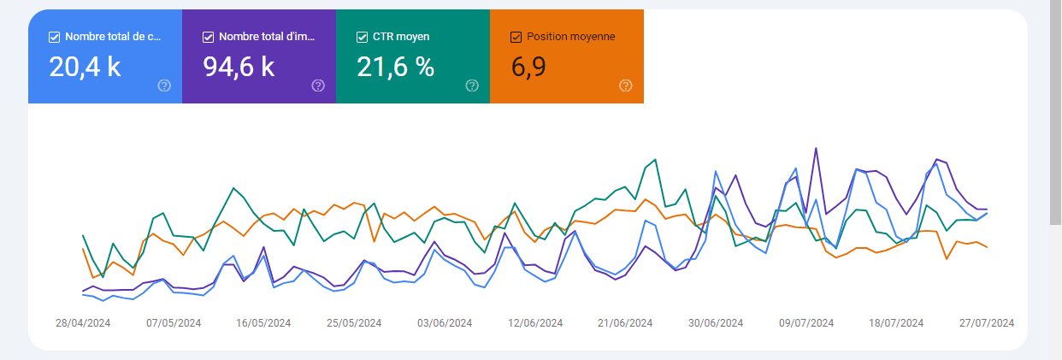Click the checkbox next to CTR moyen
coord(362,37)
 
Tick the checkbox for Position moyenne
coord(516,37)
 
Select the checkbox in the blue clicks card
coord(54,37)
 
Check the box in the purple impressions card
coord(208,37)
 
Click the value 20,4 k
coord(85,67)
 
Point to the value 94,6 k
coord(239,67)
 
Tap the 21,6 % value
coord(396,67)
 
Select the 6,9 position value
coord(528,67)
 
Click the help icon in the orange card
coord(626,86)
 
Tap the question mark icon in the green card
coord(472,86)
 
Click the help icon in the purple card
coord(318,86)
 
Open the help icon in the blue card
coord(164,86)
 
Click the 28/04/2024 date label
coord(83,323)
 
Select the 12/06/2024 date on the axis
coord(535,323)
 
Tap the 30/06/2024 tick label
coord(716,323)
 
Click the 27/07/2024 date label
coord(986,323)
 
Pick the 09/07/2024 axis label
coord(805,323)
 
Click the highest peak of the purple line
coord(816,149)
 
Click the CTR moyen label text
coord(401,37)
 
